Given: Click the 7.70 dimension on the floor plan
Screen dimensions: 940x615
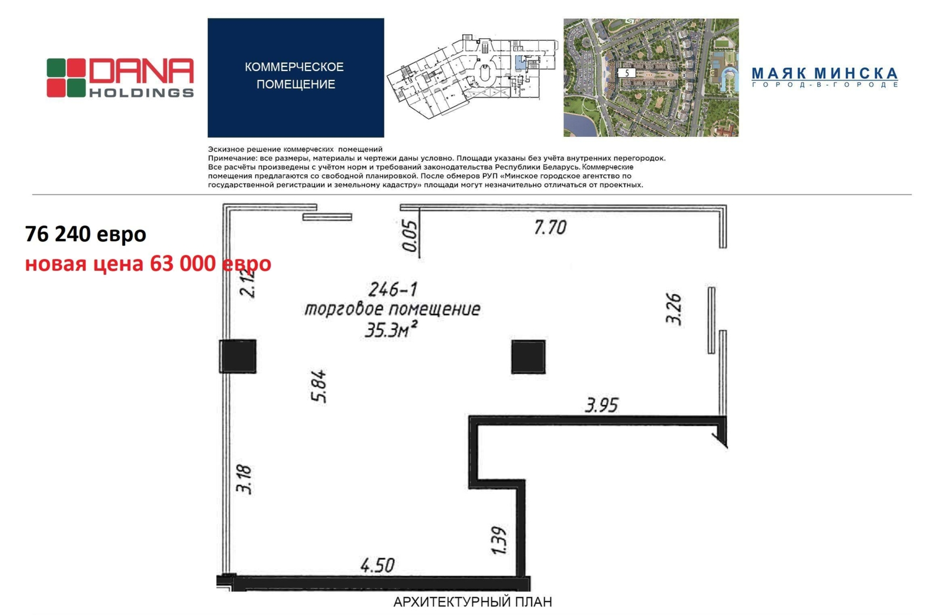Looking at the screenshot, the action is point(550,227).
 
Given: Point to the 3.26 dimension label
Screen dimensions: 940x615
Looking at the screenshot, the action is point(674,309).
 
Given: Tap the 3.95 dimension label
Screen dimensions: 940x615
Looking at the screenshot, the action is point(602,405).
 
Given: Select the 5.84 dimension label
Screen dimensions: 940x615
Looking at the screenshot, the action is point(319,386).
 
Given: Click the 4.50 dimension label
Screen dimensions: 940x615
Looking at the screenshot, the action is point(377,566).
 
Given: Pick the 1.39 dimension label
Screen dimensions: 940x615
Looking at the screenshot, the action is point(499,540).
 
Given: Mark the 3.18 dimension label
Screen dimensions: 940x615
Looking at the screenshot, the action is point(244,479).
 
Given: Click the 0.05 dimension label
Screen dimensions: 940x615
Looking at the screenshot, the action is point(410,236).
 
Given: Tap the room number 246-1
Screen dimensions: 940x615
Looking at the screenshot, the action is point(393,290).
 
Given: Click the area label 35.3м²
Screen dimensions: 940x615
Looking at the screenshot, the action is point(391,330).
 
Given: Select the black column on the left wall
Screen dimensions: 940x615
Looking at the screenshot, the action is point(237,356).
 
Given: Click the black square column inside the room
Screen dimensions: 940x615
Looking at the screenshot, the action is point(528,357).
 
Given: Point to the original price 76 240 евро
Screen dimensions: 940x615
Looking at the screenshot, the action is point(86,234).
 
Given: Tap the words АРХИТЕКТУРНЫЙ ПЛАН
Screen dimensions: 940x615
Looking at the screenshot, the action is point(472,602).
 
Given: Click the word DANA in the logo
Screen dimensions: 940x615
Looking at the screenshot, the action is point(142,71).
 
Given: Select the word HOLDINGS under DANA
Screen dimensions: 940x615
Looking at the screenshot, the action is point(142,93).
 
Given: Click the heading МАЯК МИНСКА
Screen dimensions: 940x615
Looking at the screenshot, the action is point(825,73).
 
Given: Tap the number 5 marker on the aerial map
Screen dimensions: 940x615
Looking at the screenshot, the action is point(627,73).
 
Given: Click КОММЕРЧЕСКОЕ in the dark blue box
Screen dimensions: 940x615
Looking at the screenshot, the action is point(294,67).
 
